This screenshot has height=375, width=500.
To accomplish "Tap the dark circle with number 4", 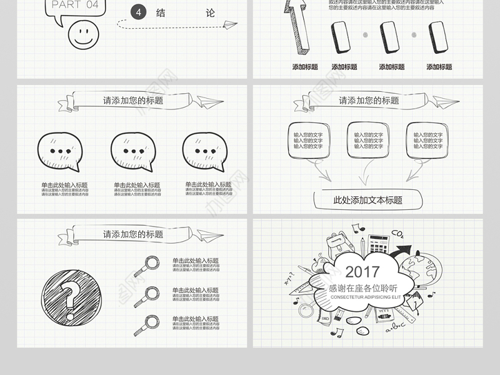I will click(139, 12).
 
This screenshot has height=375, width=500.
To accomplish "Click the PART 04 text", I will click(76, 5).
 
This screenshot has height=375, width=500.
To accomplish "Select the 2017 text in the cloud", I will click(362, 272).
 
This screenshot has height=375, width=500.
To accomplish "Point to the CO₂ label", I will click(397, 234).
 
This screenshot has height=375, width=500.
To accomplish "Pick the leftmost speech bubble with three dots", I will click(60, 152).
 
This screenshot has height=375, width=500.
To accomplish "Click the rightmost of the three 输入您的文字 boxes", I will click(429, 141).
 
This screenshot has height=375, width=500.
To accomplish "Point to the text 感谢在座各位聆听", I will click(362, 287).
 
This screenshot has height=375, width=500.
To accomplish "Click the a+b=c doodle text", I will click(396, 326).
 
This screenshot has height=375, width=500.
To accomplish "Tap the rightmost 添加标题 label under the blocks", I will click(439, 67).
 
